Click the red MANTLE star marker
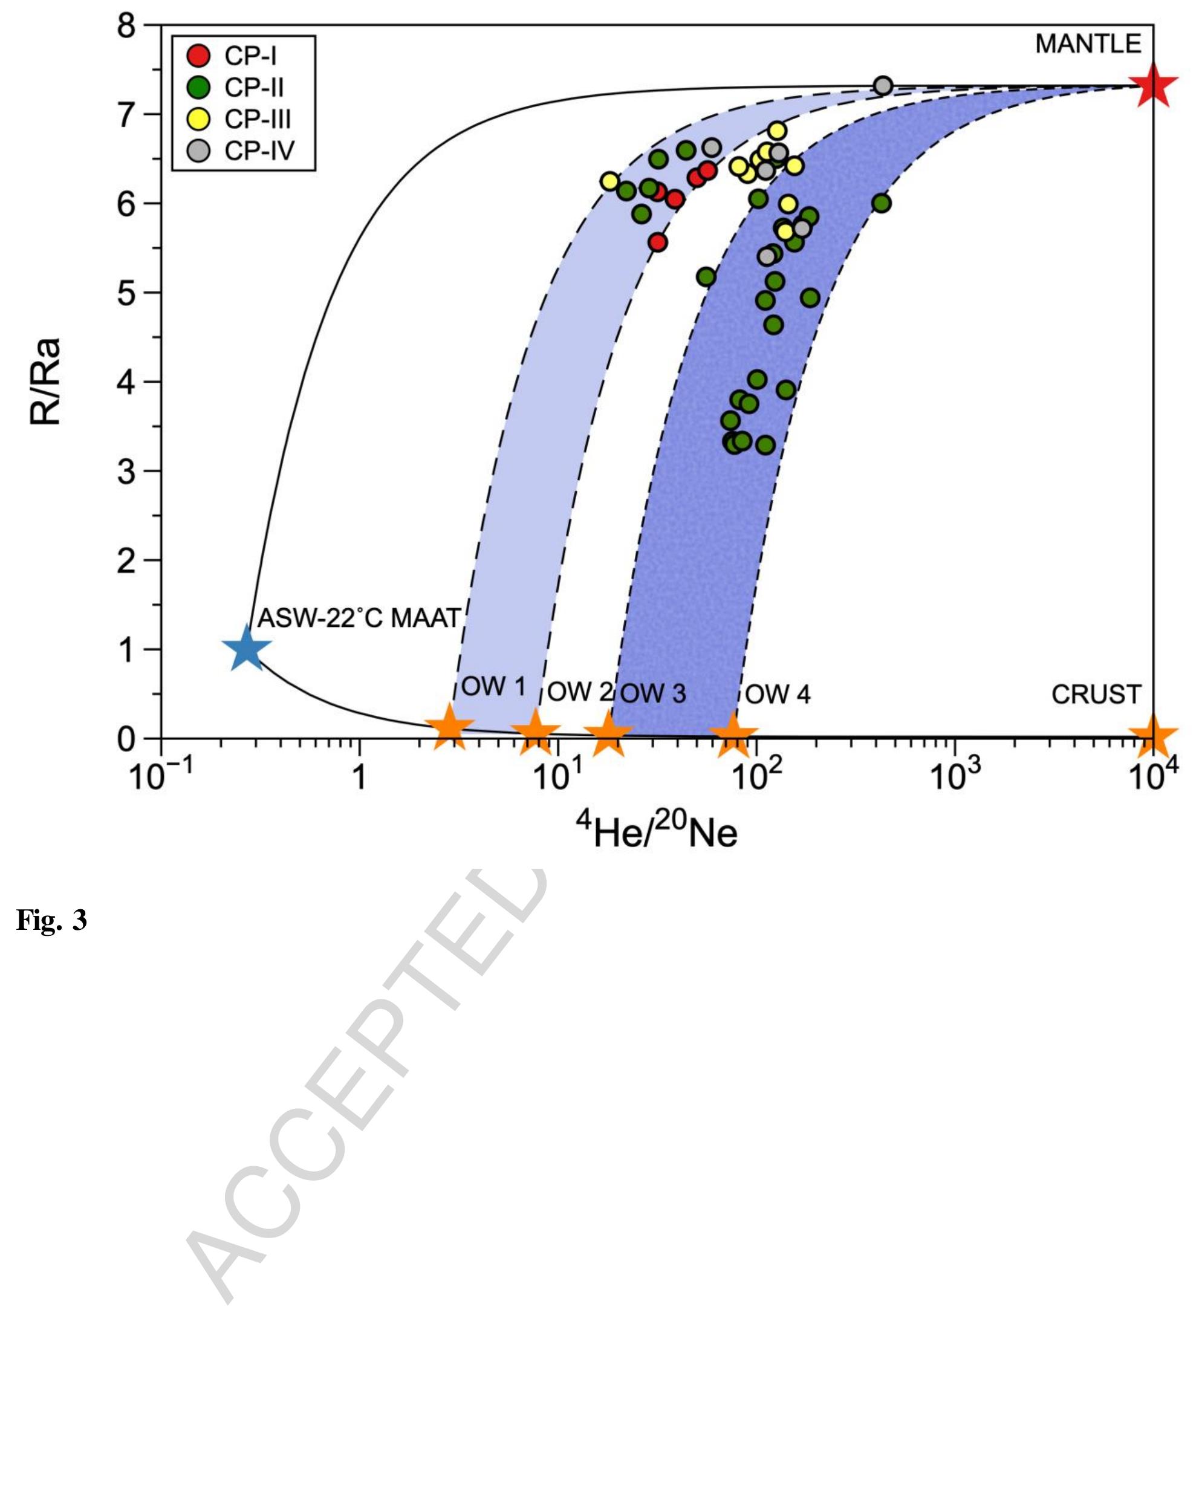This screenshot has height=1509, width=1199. point(1151,86)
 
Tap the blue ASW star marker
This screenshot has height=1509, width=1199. point(246,649)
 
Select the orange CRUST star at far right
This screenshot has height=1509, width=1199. point(1152,736)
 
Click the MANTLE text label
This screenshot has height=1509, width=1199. point(1088,45)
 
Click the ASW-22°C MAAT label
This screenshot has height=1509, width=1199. point(359,618)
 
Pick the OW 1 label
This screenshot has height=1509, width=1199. point(493,687)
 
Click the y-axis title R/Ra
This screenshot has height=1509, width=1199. point(46,381)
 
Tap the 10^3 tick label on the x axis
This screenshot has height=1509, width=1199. point(955,776)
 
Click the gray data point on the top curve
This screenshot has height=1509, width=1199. point(883,86)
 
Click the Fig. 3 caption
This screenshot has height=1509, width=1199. point(52,920)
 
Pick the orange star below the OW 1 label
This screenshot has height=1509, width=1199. point(449,727)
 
